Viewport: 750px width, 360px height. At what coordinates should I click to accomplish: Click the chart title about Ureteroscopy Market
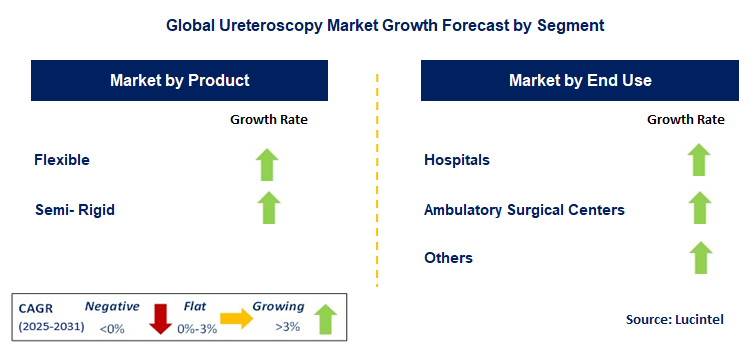pyautogui.click(x=375, y=22)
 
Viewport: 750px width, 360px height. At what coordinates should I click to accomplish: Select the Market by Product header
pyautogui.click(x=179, y=80)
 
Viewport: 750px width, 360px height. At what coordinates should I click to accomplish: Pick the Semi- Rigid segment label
pyautogui.click(x=74, y=209)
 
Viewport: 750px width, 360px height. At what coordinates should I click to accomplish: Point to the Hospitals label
pyautogui.click(x=457, y=160)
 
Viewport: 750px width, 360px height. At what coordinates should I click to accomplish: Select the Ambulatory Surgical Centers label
pyautogui.click(x=524, y=210)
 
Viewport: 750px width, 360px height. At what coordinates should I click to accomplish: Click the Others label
pyautogui.click(x=448, y=258)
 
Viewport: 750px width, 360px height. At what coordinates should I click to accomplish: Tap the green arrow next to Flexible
pyautogui.click(x=267, y=163)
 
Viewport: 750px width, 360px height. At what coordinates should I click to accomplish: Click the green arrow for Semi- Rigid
pyautogui.click(x=267, y=208)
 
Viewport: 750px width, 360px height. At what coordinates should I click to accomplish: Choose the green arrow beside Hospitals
pyautogui.click(x=698, y=160)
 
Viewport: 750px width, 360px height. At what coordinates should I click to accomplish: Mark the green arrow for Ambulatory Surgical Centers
pyautogui.click(x=698, y=208)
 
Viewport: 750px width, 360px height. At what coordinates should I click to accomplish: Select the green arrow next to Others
pyautogui.click(x=698, y=257)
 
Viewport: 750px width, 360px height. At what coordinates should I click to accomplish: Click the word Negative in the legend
pyautogui.click(x=112, y=307)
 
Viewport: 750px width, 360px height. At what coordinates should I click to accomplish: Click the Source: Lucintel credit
pyautogui.click(x=673, y=318)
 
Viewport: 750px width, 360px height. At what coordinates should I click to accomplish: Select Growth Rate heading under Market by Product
pyautogui.click(x=269, y=119)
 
